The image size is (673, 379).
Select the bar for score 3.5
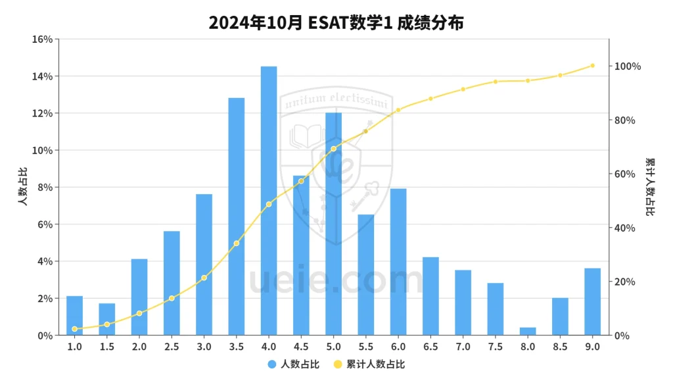pyautogui.click(x=237, y=216)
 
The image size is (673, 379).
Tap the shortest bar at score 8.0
pyautogui.click(x=528, y=331)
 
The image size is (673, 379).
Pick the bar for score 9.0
pyautogui.click(x=592, y=301)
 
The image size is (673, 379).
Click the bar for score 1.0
pyautogui.click(x=75, y=316)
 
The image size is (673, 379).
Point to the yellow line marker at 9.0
pyautogui.click(x=592, y=66)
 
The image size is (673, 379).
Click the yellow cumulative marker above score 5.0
pyautogui.click(x=333, y=149)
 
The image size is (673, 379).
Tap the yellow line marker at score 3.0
pyautogui.click(x=204, y=278)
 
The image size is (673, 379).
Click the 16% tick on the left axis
pyautogui.click(x=42, y=39)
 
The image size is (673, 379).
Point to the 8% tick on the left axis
pyautogui.click(x=44, y=188)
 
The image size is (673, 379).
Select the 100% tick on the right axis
pyautogui.click(x=627, y=66)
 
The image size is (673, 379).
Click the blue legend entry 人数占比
pyautogui.click(x=293, y=364)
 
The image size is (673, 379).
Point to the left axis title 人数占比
pyautogui.click(x=23, y=188)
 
